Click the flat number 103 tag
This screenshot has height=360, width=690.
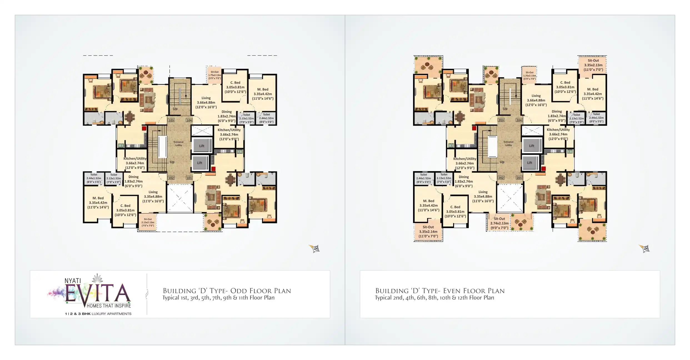tap(171, 120)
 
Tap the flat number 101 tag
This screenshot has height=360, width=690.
tap(189, 178)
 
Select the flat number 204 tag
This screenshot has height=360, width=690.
tap(519, 120)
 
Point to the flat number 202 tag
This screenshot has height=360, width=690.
tap(501, 178)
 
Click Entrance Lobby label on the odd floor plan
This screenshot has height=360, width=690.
tap(179, 144)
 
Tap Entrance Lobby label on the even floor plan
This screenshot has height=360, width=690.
tap(508, 143)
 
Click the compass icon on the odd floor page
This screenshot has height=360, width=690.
tap(315, 248)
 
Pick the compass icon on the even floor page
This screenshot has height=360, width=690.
tap(644, 248)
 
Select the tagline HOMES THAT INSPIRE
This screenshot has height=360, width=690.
tap(109, 306)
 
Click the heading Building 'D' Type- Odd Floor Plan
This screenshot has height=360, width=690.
tap(227, 291)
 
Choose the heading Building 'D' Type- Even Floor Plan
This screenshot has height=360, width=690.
tap(440, 291)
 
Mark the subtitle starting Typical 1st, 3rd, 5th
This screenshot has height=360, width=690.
tap(218, 298)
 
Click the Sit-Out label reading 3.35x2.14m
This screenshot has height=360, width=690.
tap(428, 232)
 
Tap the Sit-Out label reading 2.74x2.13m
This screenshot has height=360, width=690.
tap(499, 223)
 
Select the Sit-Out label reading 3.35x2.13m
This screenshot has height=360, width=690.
tap(593, 65)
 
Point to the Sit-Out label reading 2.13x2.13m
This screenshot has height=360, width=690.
tap(147, 222)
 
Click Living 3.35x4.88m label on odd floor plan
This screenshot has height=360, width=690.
tap(153, 196)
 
